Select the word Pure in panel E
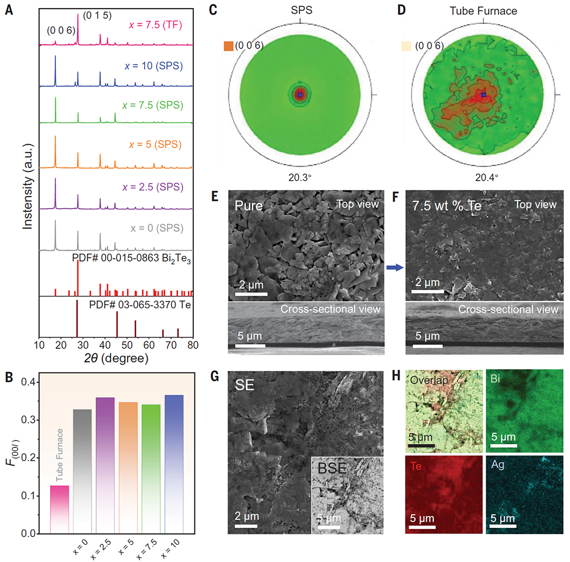[x=248, y=203]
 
